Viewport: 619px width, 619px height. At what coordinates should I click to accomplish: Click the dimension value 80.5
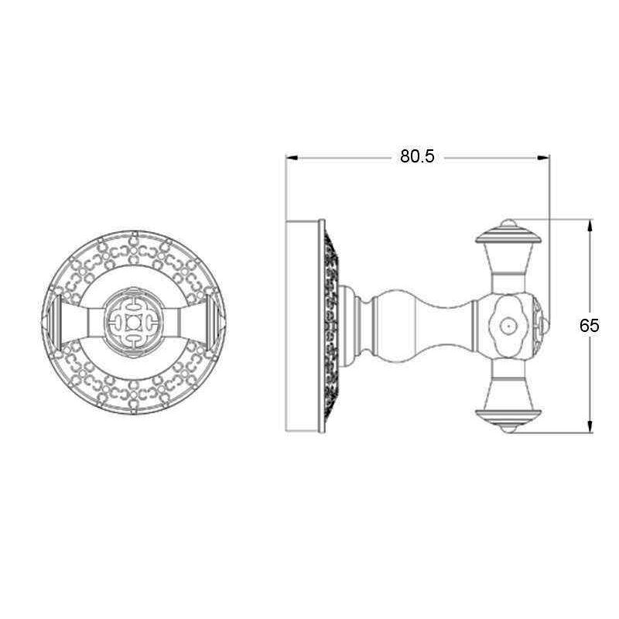click(418, 156)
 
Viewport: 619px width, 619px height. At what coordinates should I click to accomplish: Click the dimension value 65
click(590, 326)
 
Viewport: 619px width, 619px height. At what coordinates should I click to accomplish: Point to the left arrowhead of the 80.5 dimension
click(292, 157)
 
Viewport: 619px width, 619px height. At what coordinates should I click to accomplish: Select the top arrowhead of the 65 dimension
click(590, 224)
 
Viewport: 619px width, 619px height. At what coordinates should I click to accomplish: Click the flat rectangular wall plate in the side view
click(303, 326)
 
